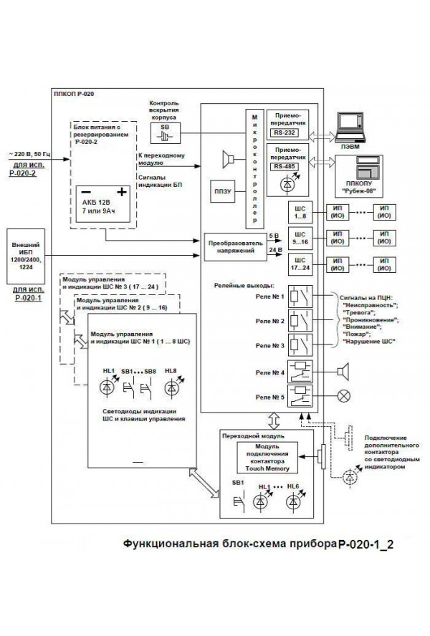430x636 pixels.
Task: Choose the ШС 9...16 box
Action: (x=300, y=238)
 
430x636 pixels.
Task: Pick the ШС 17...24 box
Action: (x=300, y=264)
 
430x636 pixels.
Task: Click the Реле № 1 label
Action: (x=269, y=296)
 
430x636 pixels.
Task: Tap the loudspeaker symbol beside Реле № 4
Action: (x=344, y=372)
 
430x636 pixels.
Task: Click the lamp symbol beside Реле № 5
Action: (x=345, y=395)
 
